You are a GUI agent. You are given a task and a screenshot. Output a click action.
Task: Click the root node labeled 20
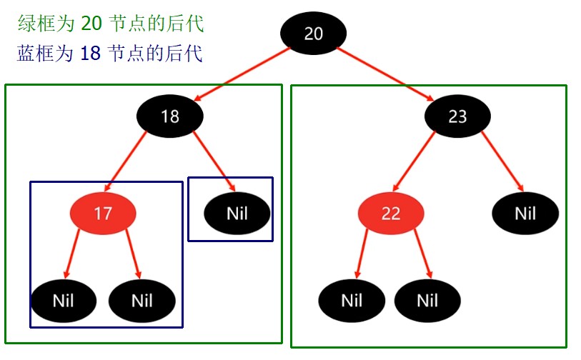tap(314, 34)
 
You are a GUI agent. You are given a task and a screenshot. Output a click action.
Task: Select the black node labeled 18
tap(170, 115)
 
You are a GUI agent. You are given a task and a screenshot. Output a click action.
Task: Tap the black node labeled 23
tap(457, 116)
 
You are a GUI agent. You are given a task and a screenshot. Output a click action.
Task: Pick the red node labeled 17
tap(103, 213)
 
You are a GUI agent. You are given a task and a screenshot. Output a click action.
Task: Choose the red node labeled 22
tap(391, 214)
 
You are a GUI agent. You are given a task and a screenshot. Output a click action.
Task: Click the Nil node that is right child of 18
tap(237, 213)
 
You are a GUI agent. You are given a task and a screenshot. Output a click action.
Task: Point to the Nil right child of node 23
tap(525, 213)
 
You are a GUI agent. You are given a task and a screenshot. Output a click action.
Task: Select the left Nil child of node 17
tap(63, 300)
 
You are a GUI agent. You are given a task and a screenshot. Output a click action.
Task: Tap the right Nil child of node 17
tap(142, 300)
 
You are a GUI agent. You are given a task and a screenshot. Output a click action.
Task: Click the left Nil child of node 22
tap(351, 300)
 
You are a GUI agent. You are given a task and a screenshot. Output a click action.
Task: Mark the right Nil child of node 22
tap(427, 300)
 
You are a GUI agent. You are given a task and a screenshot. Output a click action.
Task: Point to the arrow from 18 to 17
tap(136, 165)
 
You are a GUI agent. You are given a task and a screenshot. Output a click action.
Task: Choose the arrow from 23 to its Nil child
tap(500, 161)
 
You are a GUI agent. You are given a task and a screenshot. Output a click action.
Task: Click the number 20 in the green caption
tap(91, 24)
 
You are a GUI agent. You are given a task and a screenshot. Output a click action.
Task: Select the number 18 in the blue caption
tap(90, 54)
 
